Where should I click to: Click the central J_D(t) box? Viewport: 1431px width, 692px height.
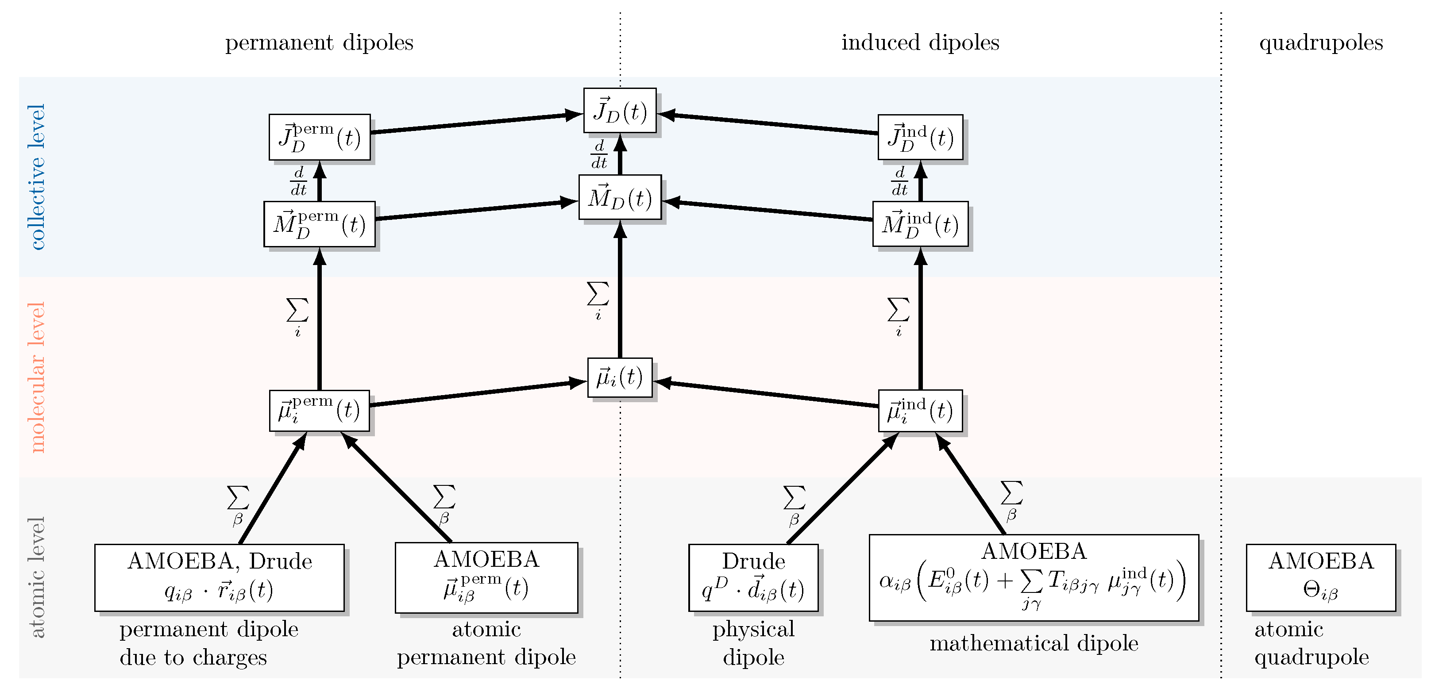click(x=619, y=111)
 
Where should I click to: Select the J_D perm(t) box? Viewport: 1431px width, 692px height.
click(x=320, y=137)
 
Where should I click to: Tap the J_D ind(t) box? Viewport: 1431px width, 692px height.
click(x=920, y=137)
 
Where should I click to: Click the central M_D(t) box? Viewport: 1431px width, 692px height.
click(x=619, y=197)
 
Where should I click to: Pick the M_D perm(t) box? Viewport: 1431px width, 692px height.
click(x=320, y=224)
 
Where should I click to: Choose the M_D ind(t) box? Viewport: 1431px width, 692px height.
click(x=920, y=224)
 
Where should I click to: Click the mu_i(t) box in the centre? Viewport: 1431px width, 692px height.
click(x=619, y=378)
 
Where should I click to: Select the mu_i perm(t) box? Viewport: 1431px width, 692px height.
click(x=320, y=411)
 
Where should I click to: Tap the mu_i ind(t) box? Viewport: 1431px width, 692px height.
click(x=920, y=411)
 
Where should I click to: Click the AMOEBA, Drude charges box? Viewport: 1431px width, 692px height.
click(x=220, y=577)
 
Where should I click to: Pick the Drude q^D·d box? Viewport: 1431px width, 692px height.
click(x=753, y=577)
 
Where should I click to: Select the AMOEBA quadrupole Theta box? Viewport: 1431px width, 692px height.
click(x=1320, y=577)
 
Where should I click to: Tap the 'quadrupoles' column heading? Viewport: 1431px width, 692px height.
click(x=1320, y=43)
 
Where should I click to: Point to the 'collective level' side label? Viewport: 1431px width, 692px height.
click(x=36, y=177)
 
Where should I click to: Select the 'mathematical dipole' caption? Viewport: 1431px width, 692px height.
click(x=1033, y=643)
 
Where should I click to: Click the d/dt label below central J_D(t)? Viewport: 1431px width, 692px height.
click(x=599, y=154)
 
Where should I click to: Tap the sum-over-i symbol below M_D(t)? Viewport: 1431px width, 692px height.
click(x=598, y=300)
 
